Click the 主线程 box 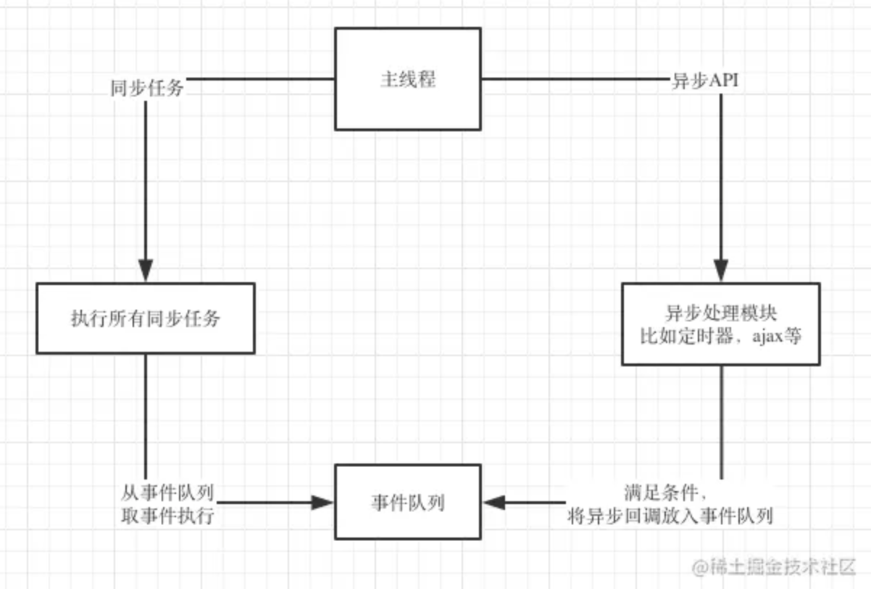[407, 79]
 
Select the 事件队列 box [407, 502]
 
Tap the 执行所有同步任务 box [145, 318]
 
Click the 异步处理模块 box [720, 324]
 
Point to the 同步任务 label [146, 88]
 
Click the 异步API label [705, 81]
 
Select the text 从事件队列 [167, 494]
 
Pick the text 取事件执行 [167, 516]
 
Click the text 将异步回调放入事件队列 [671, 516]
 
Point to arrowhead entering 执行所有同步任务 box [146, 271]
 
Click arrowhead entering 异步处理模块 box [720, 271]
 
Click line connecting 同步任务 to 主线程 [261, 78]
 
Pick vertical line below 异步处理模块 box [721, 421]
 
